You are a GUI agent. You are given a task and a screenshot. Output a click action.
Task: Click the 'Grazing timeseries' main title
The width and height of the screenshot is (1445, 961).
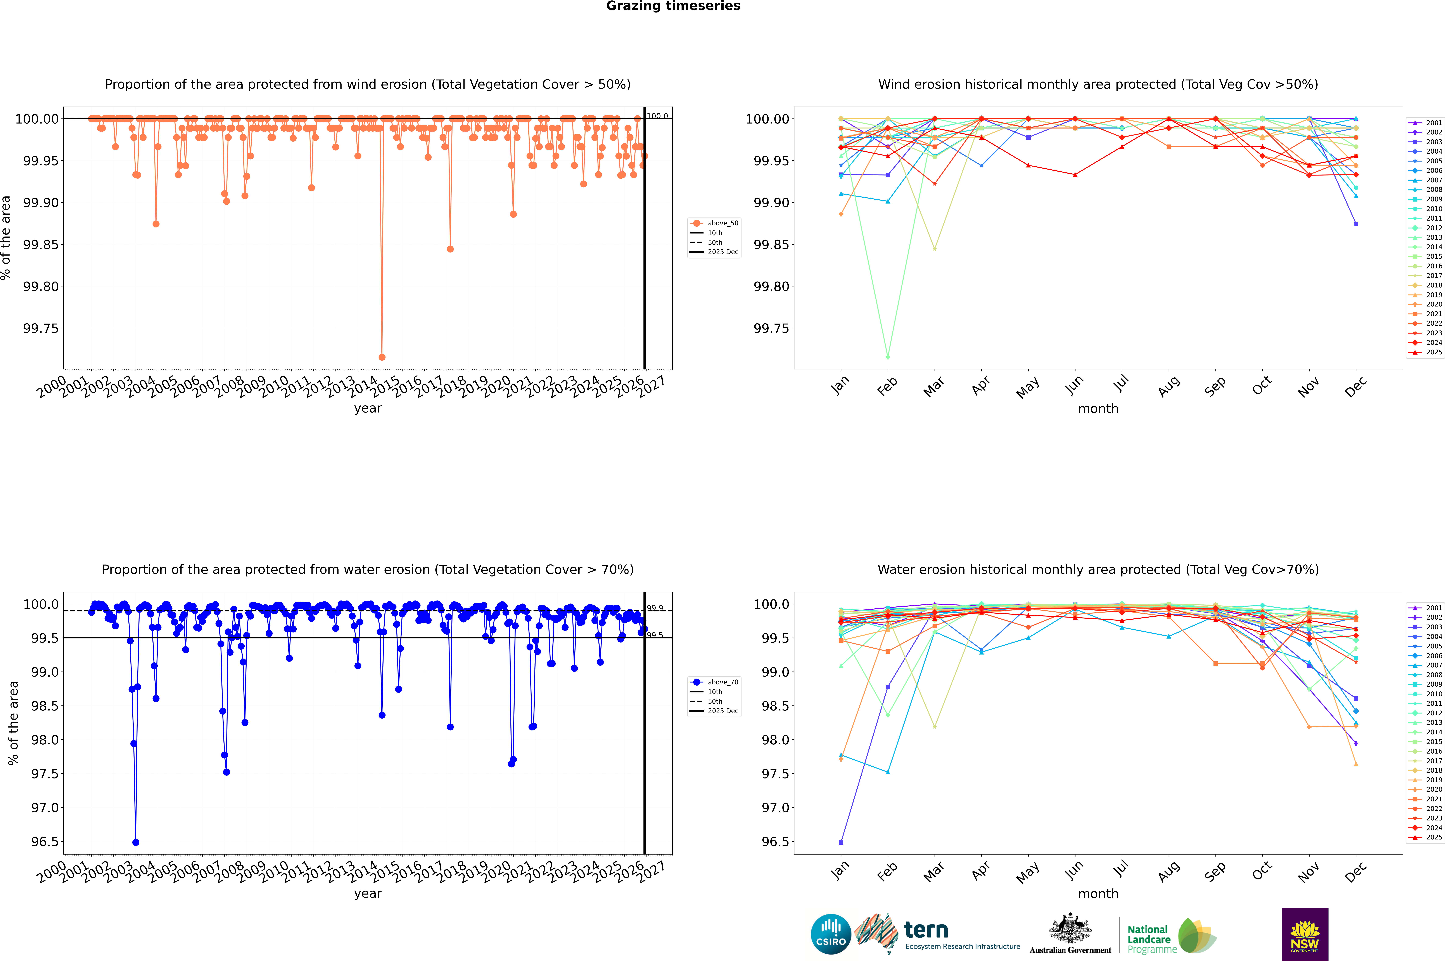tap(673, 6)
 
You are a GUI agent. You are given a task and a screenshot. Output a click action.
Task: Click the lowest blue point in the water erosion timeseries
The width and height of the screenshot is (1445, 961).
tap(136, 842)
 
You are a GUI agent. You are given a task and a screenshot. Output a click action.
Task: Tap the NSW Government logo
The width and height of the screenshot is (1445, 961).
tap(1305, 934)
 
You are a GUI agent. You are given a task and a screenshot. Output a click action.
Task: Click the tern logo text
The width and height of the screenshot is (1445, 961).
tap(926, 930)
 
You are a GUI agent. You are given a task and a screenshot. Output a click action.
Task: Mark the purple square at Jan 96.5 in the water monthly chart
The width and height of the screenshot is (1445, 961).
tap(841, 842)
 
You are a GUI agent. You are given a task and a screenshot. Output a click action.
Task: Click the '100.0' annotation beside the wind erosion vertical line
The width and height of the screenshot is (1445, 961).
tap(657, 116)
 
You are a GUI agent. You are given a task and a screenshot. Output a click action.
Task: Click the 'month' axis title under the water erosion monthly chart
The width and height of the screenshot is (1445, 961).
tap(1098, 894)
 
